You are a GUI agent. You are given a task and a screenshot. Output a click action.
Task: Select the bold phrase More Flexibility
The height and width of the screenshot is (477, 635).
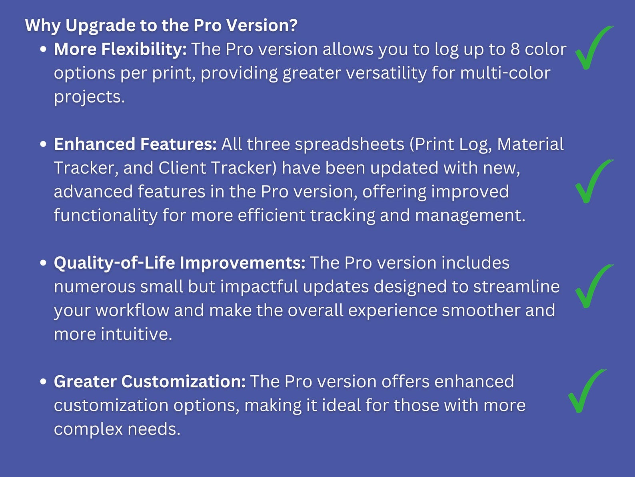coord(120,49)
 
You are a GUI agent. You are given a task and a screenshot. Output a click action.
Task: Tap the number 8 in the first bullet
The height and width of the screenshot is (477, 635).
coord(515,49)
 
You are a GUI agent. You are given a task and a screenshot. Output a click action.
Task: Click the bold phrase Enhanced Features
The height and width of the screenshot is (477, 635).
coord(135,144)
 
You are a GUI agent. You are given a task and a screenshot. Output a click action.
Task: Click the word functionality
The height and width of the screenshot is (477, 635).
coord(106,215)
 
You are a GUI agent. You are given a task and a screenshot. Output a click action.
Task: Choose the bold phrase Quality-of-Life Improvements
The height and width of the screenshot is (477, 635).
coord(180,263)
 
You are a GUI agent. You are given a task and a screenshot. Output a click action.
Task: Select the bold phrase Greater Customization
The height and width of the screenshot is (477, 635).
coord(150,382)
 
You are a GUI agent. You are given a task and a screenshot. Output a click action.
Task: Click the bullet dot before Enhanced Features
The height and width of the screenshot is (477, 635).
coord(44,144)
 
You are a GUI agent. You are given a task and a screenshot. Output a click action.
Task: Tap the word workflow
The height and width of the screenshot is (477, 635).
coord(132,311)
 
